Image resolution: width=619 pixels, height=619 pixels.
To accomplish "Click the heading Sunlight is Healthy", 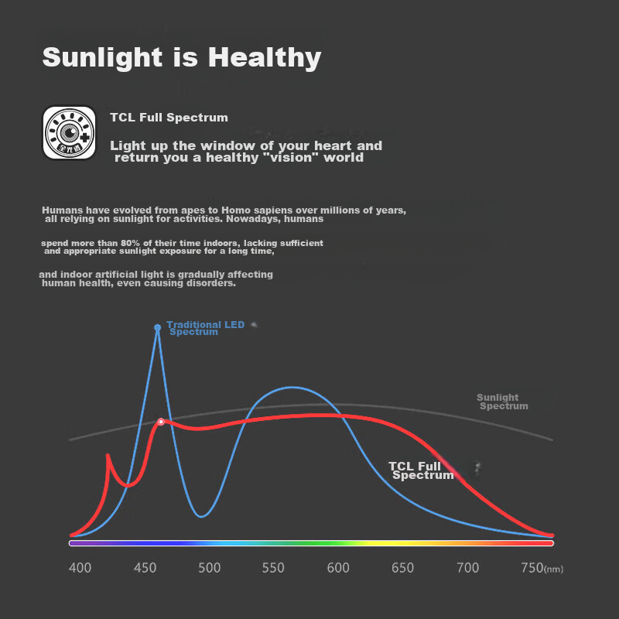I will pyautogui.click(x=181, y=57).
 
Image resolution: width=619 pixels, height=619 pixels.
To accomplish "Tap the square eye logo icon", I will pyautogui.click(x=69, y=132).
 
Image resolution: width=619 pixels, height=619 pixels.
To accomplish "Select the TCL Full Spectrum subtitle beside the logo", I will pyautogui.click(x=169, y=118).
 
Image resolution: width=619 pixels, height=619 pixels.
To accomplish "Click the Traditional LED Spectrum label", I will pyautogui.click(x=204, y=328).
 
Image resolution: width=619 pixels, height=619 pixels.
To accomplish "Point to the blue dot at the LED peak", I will pyautogui.click(x=158, y=328).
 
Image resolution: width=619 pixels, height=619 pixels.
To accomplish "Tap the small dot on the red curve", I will pyautogui.click(x=161, y=422).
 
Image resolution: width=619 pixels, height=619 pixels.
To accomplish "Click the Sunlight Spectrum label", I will pyautogui.click(x=501, y=402).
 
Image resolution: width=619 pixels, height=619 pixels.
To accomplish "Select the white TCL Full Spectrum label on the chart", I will pyautogui.click(x=419, y=470).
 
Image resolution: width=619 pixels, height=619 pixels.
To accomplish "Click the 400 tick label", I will pyautogui.click(x=80, y=569).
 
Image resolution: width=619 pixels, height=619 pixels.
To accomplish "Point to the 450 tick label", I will pyautogui.click(x=145, y=569).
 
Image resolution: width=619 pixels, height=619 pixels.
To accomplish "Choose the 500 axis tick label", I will pyautogui.click(x=209, y=569).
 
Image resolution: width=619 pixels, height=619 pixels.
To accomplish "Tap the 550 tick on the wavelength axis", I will pyautogui.click(x=273, y=569).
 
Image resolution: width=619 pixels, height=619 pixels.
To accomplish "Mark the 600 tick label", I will pyautogui.click(x=338, y=569).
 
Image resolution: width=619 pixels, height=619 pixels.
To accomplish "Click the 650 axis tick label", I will pyautogui.click(x=402, y=569).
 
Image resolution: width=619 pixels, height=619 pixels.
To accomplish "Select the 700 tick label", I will pyautogui.click(x=467, y=569).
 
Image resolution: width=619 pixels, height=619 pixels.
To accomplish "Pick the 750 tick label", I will pyautogui.click(x=532, y=569).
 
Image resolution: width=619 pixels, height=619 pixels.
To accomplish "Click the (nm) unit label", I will pyautogui.click(x=554, y=570).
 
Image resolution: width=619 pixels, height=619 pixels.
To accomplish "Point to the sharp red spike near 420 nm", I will pyautogui.click(x=108, y=457).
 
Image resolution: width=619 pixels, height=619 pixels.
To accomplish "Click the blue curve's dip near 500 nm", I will pyautogui.click(x=201, y=516).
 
